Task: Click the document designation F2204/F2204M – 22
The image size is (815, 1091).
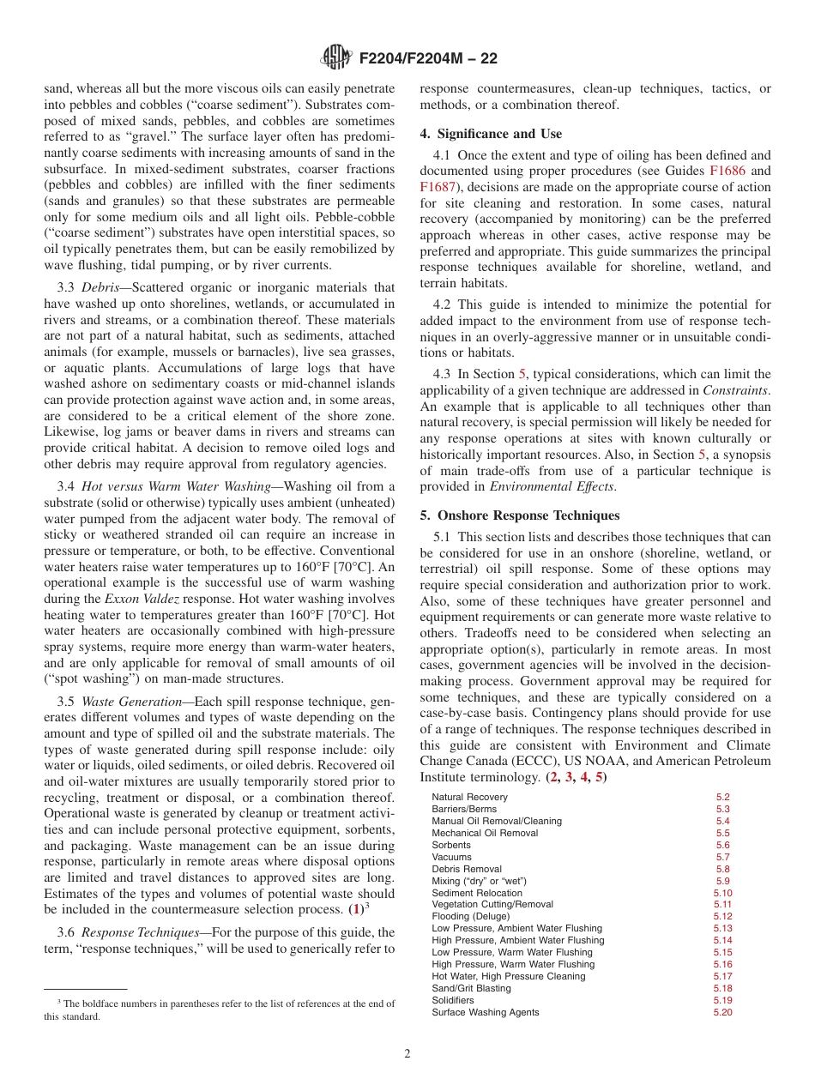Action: (426, 58)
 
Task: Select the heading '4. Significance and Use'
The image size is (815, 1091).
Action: (491, 134)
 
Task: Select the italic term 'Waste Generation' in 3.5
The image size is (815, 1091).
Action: (130, 701)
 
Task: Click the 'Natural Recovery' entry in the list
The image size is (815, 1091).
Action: (469, 797)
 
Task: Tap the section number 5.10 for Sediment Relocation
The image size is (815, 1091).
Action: (721, 893)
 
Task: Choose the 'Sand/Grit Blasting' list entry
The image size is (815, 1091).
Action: (471, 988)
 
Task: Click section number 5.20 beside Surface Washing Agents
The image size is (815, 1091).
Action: (721, 1012)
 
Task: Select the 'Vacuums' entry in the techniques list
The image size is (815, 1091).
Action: (451, 857)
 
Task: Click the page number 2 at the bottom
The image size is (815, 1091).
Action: (407, 1054)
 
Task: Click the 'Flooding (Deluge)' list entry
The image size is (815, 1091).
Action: (470, 916)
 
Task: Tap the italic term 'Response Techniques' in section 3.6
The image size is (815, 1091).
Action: (137, 932)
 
